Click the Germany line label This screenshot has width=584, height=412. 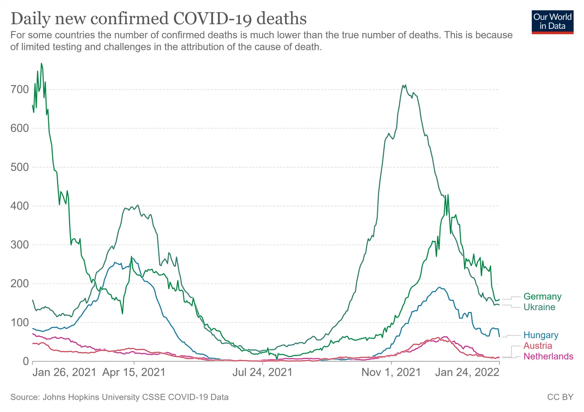click(x=542, y=297)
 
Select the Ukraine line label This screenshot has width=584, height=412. click(x=539, y=307)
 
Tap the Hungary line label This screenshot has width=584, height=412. click(x=541, y=335)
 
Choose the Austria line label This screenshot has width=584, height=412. click(x=537, y=346)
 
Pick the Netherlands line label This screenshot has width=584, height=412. click(x=548, y=357)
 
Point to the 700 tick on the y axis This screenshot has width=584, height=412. click(x=20, y=89)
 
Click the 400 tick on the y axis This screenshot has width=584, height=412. click(x=20, y=206)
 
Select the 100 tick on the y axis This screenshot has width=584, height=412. click(x=20, y=323)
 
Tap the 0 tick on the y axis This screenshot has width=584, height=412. click(x=26, y=361)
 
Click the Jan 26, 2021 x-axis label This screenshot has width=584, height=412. click(x=64, y=372)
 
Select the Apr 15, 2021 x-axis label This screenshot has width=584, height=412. click(x=134, y=372)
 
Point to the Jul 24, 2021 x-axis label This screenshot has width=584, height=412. click(x=262, y=372)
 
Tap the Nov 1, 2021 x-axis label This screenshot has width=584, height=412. click(x=391, y=372)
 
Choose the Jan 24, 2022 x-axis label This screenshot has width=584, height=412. click(x=467, y=372)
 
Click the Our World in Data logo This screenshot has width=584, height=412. click(x=552, y=22)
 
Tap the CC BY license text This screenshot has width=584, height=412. click(x=560, y=397)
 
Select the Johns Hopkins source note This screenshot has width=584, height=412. click(x=120, y=397)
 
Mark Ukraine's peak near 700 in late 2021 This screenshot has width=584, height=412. click(x=404, y=85)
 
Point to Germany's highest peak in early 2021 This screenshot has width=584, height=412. click(x=41, y=63)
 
